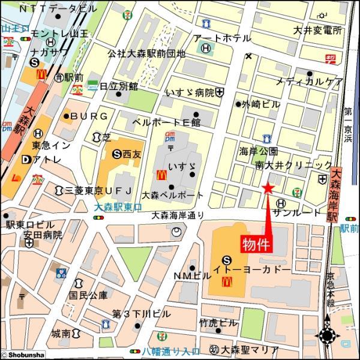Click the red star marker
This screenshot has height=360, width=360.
(x=268, y=190)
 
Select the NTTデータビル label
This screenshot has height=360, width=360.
(x=58, y=9)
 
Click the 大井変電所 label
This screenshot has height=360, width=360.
(x=318, y=30)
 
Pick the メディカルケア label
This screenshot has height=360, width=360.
(x=310, y=82)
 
